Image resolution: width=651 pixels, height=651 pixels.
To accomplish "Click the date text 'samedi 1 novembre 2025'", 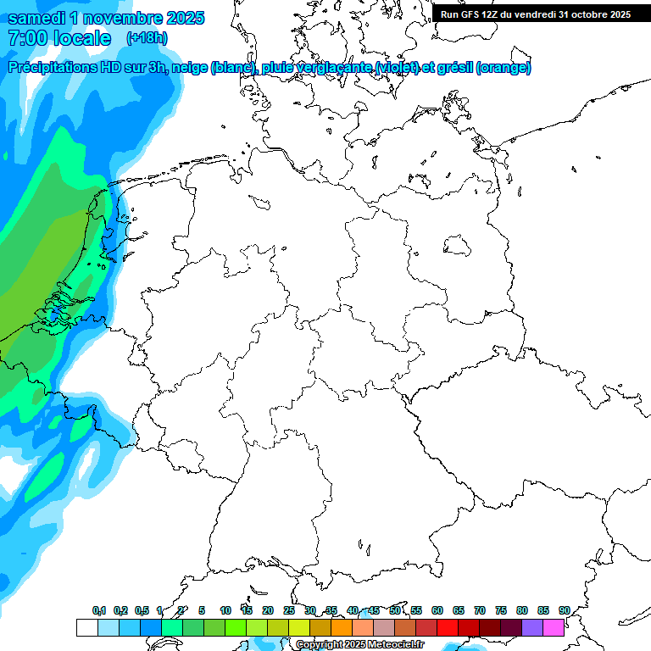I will (x=106, y=18).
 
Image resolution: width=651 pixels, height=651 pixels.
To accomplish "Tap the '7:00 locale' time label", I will (x=59, y=38).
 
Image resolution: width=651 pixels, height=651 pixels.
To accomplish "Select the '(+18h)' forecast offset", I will (x=147, y=38).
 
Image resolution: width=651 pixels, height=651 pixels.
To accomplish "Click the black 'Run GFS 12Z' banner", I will (x=535, y=14).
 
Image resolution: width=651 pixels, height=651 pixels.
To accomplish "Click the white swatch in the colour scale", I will (x=86, y=627).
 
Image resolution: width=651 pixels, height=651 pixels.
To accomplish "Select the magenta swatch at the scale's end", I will (x=554, y=627).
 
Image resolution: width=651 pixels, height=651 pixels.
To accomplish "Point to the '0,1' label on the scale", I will (x=99, y=610).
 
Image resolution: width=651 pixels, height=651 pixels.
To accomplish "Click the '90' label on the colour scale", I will (x=564, y=610).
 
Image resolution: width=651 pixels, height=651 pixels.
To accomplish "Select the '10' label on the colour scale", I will (x=225, y=610).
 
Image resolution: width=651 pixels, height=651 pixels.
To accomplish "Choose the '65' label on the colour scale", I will (x=459, y=610).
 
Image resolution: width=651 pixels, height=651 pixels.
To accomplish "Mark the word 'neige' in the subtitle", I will (x=189, y=68).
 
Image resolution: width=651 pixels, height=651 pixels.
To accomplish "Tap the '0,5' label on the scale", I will (x=142, y=610).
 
